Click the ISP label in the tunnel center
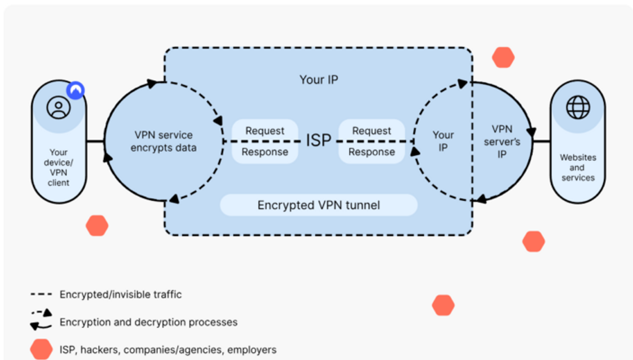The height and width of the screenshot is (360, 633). (x=319, y=140)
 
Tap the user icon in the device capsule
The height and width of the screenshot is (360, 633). (x=58, y=107)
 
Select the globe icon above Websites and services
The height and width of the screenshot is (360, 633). (x=578, y=107)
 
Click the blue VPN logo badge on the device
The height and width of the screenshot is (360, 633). (x=75, y=90)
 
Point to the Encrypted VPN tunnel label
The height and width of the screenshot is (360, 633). (x=319, y=205)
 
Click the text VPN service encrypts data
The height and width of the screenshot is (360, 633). (x=164, y=141)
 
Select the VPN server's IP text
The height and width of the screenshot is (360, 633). (x=502, y=141)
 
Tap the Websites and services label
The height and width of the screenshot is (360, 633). (x=578, y=167)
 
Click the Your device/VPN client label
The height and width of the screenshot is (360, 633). (x=58, y=167)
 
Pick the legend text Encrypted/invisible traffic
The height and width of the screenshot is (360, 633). (x=120, y=294)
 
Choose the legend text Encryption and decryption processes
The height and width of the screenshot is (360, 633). (x=148, y=322)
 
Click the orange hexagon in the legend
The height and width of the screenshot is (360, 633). (x=41, y=349)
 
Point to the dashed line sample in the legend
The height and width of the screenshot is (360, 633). (x=41, y=295)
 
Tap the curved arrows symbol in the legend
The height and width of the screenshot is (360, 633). (x=41, y=319)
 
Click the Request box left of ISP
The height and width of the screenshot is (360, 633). (x=265, y=130)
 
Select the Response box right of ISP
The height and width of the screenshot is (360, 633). (x=372, y=152)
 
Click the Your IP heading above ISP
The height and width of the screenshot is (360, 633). (x=319, y=80)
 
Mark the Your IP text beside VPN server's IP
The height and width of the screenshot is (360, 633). (x=443, y=141)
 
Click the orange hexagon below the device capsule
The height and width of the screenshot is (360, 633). (x=97, y=226)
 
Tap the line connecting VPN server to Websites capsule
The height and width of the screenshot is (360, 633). (x=541, y=141)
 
